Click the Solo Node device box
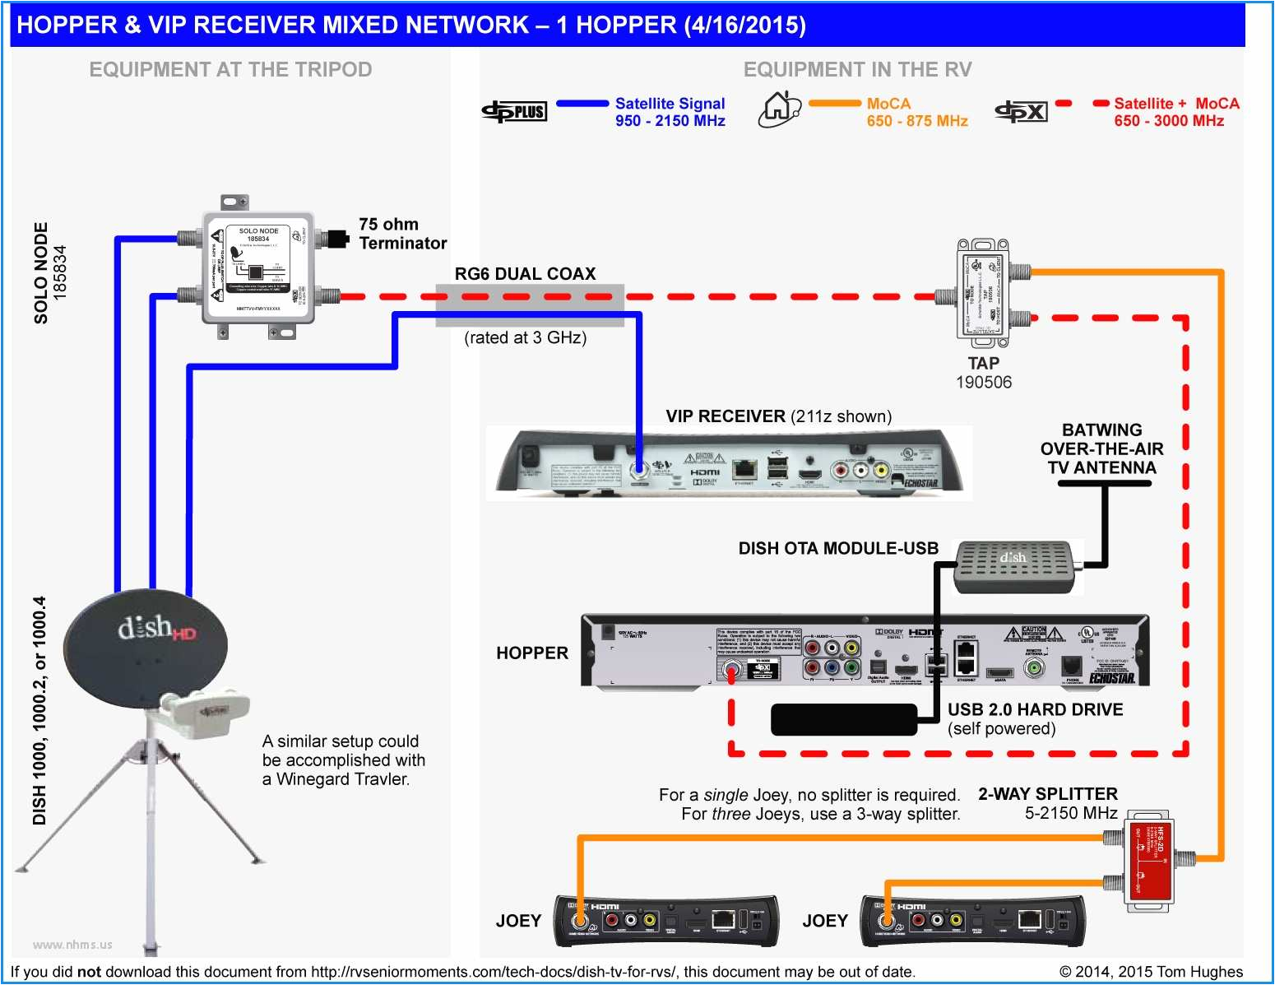pyautogui.click(x=257, y=268)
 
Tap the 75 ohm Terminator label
pyautogui.click(x=401, y=234)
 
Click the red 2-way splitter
pyautogui.click(x=1148, y=861)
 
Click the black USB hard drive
pyautogui.click(x=843, y=719)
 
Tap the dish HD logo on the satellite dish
pyautogui.click(x=156, y=630)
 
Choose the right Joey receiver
pyautogui.click(x=971, y=920)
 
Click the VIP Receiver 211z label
pyautogui.click(x=778, y=416)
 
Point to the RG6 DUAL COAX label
pyautogui.click(x=525, y=274)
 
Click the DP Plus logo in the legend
pyautogui.click(x=514, y=111)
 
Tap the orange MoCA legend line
pyautogui.click(x=834, y=104)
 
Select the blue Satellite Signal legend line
pyautogui.click(x=582, y=104)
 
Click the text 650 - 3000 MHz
pyautogui.click(x=1168, y=121)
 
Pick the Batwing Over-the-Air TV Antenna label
pyautogui.click(x=1101, y=448)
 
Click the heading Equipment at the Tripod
pyautogui.click(x=230, y=70)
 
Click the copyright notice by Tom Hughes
pyautogui.click(x=1150, y=972)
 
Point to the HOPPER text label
pyautogui.click(x=532, y=653)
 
